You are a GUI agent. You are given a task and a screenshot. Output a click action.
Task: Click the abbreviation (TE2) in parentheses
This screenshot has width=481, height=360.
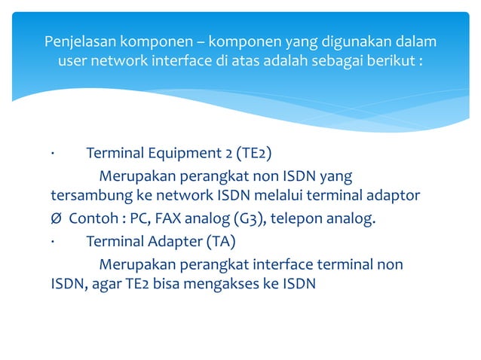[253, 154]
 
